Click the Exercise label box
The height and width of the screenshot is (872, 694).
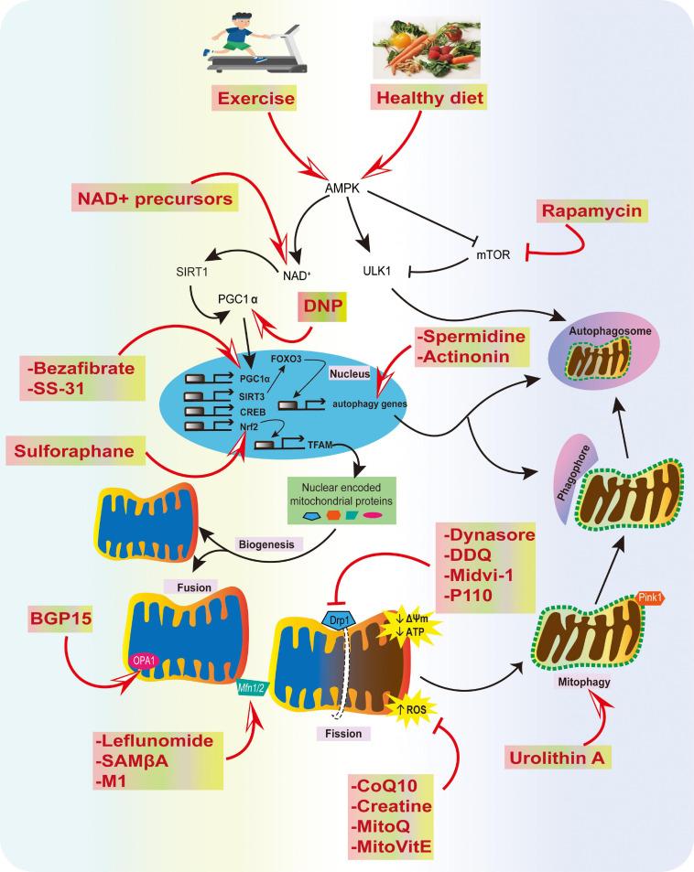tap(261, 99)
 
